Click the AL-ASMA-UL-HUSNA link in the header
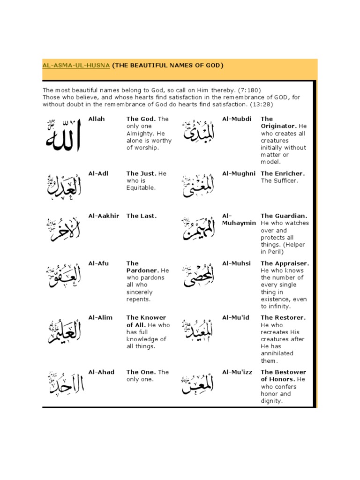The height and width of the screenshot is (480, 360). pyautogui.click(x=76, y=66)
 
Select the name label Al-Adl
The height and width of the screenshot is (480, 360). pyautogui.click(x=98, y=173)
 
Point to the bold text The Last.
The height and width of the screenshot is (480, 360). pyautogui.click(x=141, y=216)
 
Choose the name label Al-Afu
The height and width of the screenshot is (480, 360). pyautogui.click(x=98, y=263)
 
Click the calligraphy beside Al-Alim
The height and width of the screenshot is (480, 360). pyautogui.click(x=64, y=330)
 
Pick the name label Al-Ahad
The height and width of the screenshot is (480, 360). pyautogui.click(x=101, y=372)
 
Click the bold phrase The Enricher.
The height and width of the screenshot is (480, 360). pyautogui.click(x=283, y=173)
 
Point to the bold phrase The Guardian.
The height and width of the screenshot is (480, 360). pyautogui.click(x=284, y=216)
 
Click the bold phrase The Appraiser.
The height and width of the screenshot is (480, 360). pyautogui.click(x=285, y=263)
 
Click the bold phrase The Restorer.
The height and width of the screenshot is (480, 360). pyautogui.click(x=283, y=318)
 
